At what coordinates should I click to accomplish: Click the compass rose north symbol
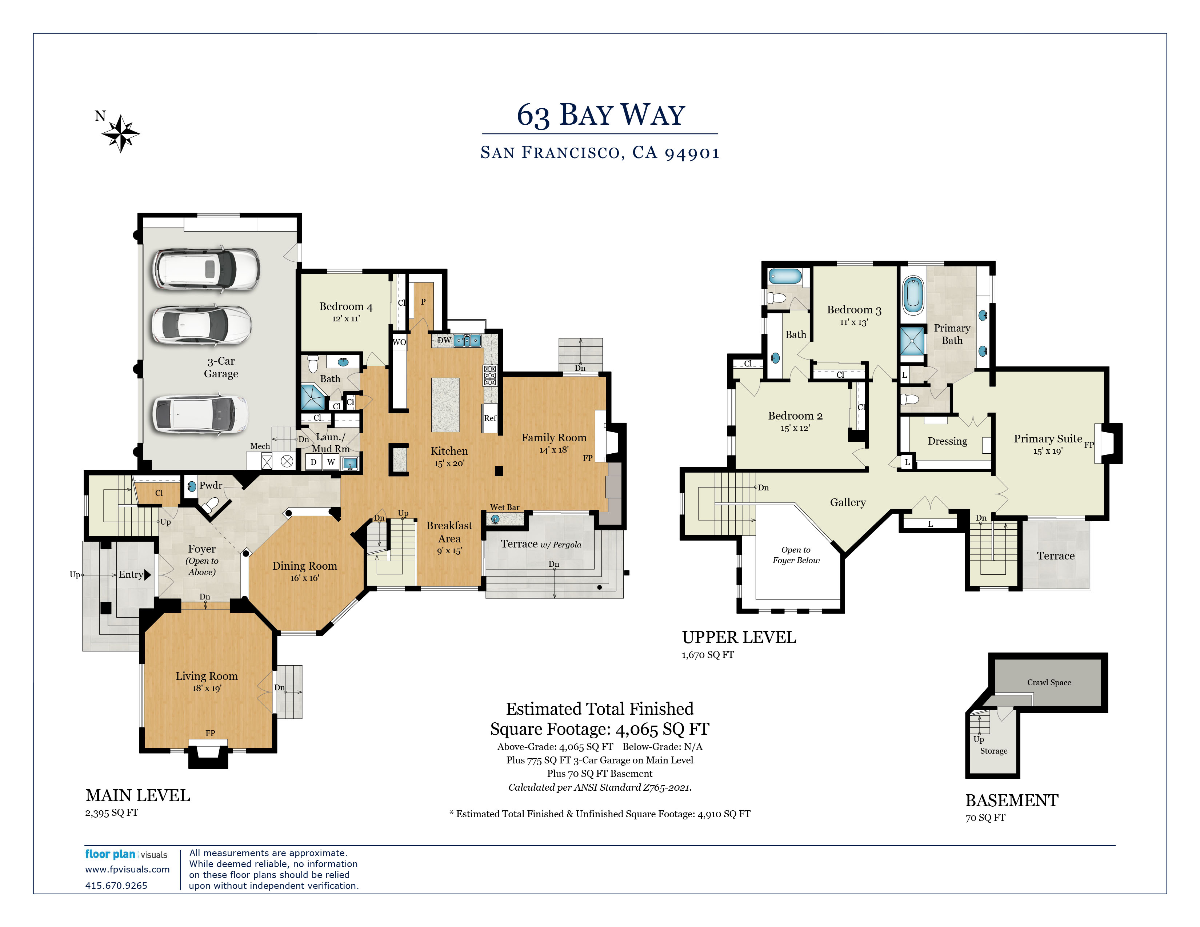(120, 133)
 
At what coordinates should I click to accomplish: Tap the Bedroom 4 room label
(345, 306)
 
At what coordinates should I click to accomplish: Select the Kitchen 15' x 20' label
(449, 456)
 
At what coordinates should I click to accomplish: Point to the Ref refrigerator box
(489, 418)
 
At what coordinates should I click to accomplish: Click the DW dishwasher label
(444, 341)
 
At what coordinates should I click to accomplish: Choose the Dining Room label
(304, 566)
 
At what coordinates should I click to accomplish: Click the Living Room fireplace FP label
(210, 733)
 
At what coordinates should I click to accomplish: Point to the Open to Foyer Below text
(796, 555)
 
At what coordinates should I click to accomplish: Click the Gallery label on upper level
(847, 502)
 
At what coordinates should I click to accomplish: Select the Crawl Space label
(1049, 683)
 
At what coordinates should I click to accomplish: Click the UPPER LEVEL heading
(739, 638)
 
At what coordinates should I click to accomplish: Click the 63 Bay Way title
(600, 115)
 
